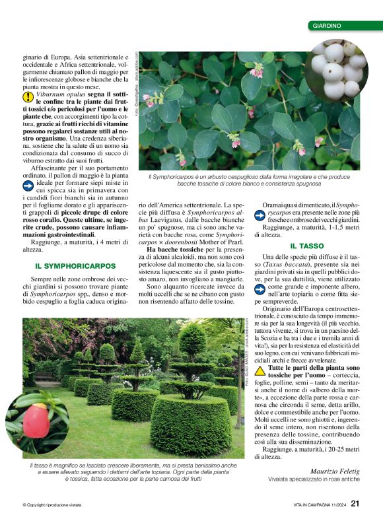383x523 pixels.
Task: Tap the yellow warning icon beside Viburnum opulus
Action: tap(28, 96)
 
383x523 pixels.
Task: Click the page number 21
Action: tap(355, 505)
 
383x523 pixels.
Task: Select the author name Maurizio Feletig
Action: tap(336, 471)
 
